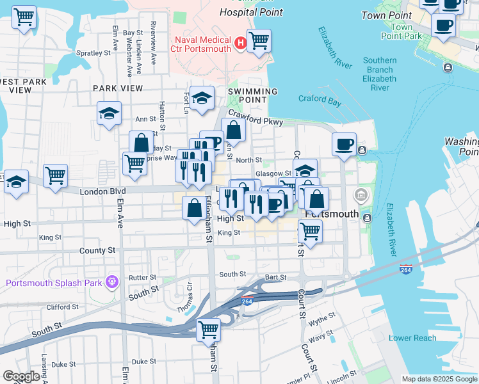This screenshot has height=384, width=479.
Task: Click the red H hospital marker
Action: point(241,43)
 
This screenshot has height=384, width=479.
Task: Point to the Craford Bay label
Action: point(320,99)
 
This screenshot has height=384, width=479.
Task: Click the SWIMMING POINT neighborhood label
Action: point(253,95)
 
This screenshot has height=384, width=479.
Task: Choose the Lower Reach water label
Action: point(413,338)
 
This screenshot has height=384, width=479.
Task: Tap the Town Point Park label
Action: point(402,31)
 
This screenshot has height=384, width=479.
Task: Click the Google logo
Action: point(21,376)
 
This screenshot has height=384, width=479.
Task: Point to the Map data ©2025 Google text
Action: point(439,379)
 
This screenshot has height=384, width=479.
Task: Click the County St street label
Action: point(97,250)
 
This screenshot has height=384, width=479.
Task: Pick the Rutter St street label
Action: point(142,278)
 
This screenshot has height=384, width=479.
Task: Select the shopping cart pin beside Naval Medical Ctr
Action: point(259,41)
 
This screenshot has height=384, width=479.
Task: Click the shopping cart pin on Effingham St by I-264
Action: point(209,330)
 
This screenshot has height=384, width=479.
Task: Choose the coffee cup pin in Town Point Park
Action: point(443,25)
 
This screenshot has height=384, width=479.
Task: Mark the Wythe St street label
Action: point(322,317)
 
